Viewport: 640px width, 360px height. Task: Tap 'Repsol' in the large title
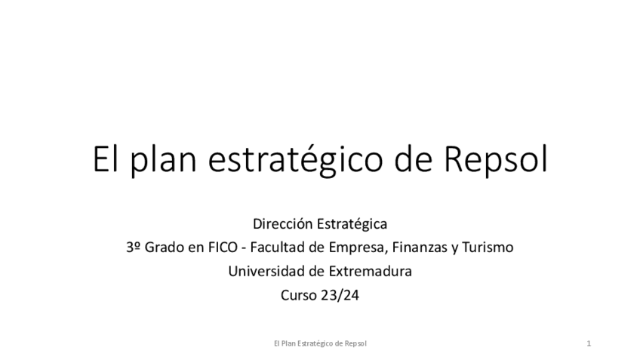coord(494,162)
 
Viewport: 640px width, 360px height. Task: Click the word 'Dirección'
coord(281,224)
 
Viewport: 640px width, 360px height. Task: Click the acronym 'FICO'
coord(222,248)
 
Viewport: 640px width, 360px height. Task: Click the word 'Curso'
coord(298,296)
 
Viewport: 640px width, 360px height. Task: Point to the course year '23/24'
coord(340,296)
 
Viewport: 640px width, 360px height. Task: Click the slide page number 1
coord(588,344)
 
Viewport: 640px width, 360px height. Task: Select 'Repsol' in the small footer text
coord(355,344)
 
